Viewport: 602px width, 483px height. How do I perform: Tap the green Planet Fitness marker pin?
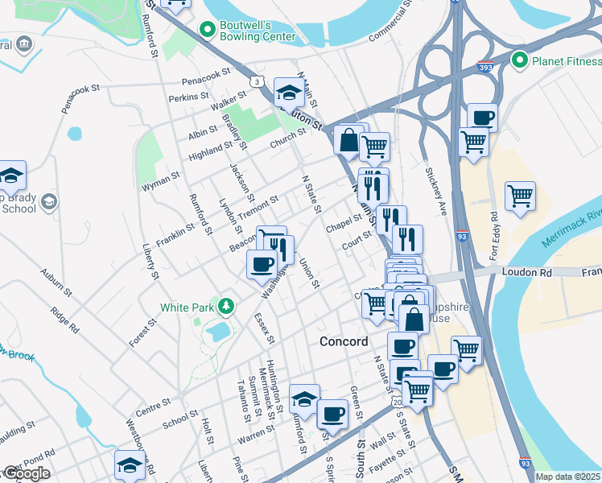[x=520, y=60]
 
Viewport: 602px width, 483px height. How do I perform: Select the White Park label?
[x=188, y=307]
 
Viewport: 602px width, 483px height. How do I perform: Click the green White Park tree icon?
[x=227, y=306]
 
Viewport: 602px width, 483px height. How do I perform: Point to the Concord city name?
[x=344, y=341]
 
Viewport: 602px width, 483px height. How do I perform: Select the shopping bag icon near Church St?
[x=348, y=139]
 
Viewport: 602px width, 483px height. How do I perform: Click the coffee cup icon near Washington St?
[x=262, y=263]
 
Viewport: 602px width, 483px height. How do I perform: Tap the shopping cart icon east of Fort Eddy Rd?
[x=520, y=196]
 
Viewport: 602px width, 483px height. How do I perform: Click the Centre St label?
[x=155, y=402]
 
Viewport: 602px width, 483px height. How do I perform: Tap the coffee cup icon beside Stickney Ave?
[x=482, y=118]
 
